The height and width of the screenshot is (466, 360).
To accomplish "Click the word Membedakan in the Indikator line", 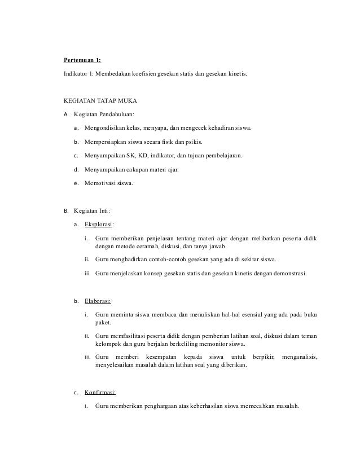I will pos(115,74).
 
